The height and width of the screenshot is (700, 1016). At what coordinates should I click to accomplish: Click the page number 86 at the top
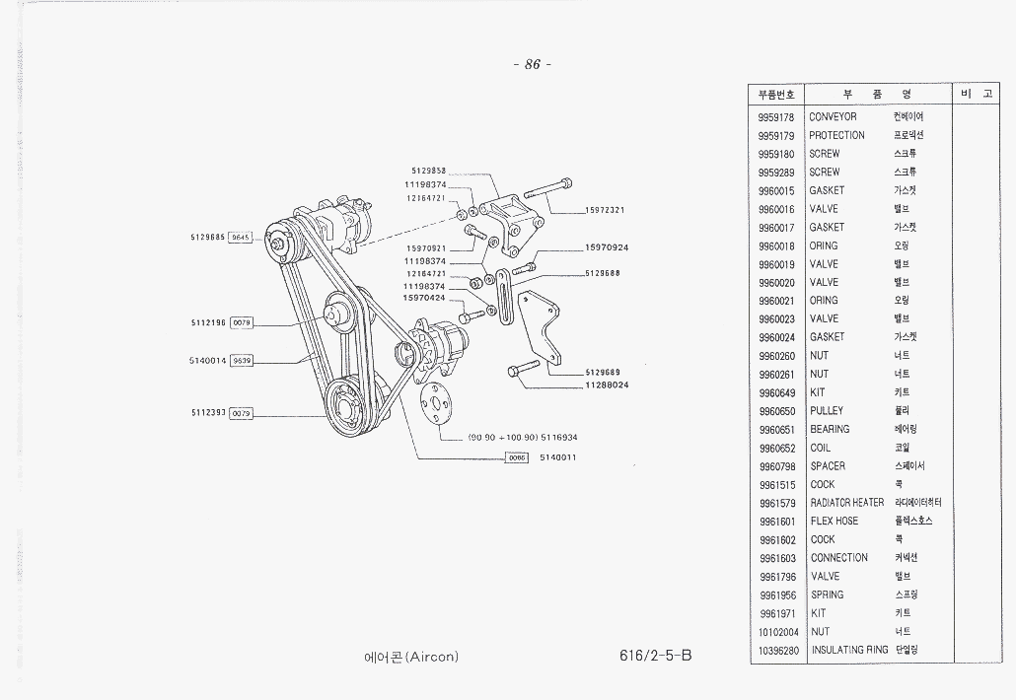click(x=533, y=65)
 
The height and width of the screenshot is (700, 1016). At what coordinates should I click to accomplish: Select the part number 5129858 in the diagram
click(x=429, y=172)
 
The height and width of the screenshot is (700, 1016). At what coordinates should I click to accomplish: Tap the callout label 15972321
click(x=605, y=210)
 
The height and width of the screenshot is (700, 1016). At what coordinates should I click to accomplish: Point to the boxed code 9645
click(x=241, y=238)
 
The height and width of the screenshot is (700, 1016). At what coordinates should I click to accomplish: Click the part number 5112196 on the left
click(x=208, y=322)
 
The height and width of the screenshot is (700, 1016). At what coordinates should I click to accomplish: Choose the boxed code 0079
click(x=242, y=413)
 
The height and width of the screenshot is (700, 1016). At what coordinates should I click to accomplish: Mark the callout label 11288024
click(x=607, y=385)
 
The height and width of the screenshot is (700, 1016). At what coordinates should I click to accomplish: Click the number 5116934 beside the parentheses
click(x=559, y=437)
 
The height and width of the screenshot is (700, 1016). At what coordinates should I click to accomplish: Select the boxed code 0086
click(x=517, y=457)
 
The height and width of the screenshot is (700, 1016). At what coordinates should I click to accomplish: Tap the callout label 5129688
click(x=602, y=273)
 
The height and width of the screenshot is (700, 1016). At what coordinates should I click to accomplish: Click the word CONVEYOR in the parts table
click(x=833, y=117)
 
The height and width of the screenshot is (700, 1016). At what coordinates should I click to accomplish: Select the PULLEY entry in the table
click(x=827, y=411)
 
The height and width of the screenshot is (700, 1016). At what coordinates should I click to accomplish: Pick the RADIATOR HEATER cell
click(x=847, y=503)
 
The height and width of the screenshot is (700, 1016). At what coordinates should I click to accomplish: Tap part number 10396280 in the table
click(x=777, y=651)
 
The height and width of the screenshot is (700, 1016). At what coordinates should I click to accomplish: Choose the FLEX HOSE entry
click(x=835, y=522)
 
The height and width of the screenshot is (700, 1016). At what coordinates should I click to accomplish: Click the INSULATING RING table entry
click(x=848, y=651)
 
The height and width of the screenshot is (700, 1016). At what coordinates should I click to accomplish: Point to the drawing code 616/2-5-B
click(x=651, y=656)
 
